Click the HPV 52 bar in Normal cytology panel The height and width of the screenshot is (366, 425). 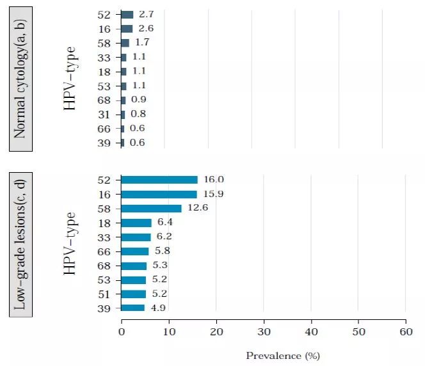127,15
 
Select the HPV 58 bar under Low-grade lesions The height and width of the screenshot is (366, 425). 151,209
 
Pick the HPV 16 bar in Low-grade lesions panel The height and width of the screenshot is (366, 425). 159,194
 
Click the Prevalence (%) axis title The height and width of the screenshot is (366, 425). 282,354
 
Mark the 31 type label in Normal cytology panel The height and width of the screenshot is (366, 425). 105,114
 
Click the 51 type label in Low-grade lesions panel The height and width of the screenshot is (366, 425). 105,294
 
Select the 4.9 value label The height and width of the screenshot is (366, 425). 157,308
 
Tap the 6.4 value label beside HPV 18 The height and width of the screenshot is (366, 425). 164,223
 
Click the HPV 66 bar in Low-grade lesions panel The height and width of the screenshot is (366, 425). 135,251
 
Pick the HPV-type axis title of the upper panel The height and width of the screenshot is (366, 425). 70,78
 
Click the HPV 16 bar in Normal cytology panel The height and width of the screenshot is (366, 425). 127,29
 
